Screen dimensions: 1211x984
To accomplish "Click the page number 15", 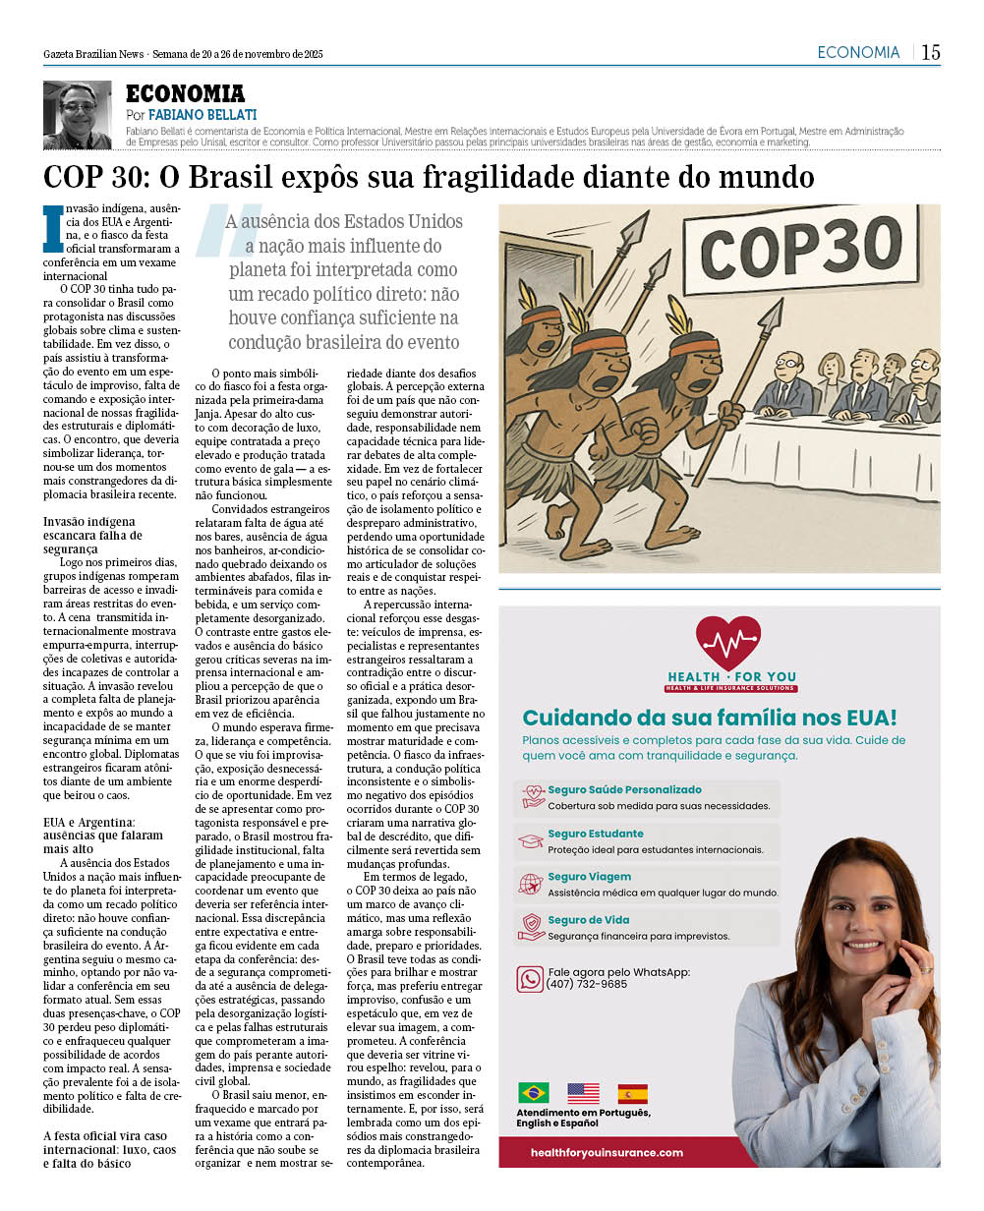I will tap(930, 53).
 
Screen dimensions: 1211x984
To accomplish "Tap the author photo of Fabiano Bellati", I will tap(78, 115).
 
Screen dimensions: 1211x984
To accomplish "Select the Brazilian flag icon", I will tap(534, 1093).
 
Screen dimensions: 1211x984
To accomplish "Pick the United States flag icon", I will tap(583, 1093).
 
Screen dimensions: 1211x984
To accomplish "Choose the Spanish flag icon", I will tap(633, 1093).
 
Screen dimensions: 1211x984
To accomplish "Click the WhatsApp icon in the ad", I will tap(530, 978).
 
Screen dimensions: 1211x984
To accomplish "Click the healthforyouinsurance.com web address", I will tap(606, 1152).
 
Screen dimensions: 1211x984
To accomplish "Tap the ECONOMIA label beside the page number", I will tap(858, 53).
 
